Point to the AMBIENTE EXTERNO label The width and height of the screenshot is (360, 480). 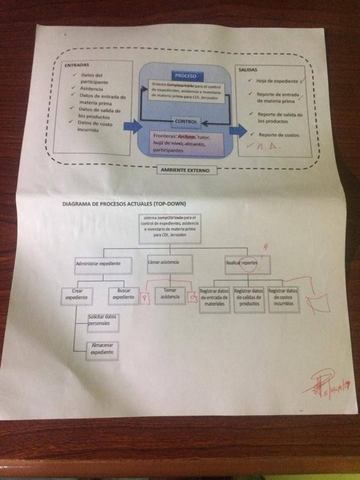(x=185, y=170)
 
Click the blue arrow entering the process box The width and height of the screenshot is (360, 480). (x=131, y=127)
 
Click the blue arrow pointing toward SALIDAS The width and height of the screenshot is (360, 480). (x=237, y=130)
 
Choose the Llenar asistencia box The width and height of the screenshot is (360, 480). (x=165, y=262)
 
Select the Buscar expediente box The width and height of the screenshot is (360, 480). (x=125, y=296)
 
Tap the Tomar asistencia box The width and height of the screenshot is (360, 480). (x=169, y=296)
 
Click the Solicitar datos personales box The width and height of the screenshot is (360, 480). (x=102, y=321)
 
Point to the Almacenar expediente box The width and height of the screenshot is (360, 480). (x=102, y=349)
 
